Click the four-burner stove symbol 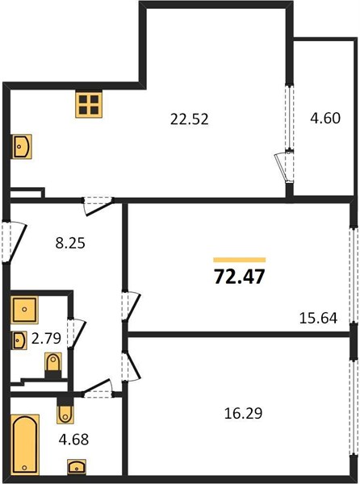pyautogui.click(x=89, y=104)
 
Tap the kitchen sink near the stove pyautogui.click(x=23, y=146)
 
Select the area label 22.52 pyautogui.click(x=189, y=119)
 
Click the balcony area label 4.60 pyautogui.click(x=325, y=118)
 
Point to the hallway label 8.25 pyautogui.click(x=70, y=243)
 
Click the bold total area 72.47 pyautogui.click(x=239, y=276)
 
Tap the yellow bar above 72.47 pyautogui.click(x=239, y=260)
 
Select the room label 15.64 pyautogui.click(x=318, y=318)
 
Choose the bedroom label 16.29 pyautogui.click(x=243, y=413)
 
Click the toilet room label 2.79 pyautogui.click(x=46, y=338)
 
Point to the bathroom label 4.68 pyautogui.click(x=73, y=440)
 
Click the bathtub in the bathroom pyautogui.click(x=25, y=444)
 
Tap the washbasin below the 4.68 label pyautogui.click(x=77, y=467)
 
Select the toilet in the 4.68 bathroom pyautogui.click(x=65, y=412)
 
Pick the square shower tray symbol pyautogui.click(x=24, y=310)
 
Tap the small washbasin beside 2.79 pyautogui.click(x=19, y=340)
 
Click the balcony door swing pyautogui.click(x=283, y=167)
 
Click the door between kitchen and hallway pyautogui.click(x=98, y=206)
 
